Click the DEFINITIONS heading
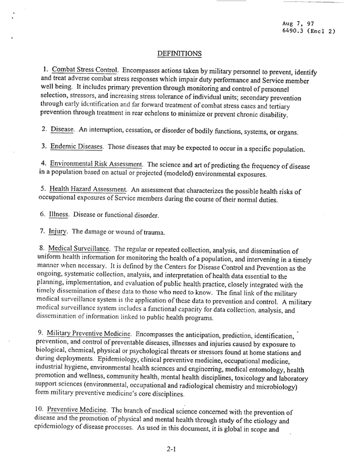181,54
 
